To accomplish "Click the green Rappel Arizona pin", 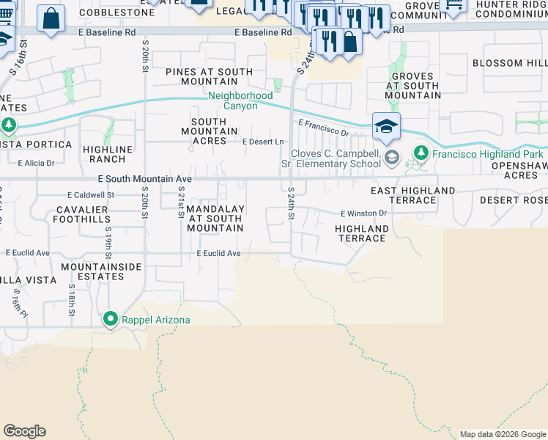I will point(110,319).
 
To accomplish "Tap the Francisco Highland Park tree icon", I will point(421,154).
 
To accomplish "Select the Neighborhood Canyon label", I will point(240,100).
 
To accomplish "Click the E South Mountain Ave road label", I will point(145,178).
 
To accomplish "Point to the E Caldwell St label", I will point(91,195).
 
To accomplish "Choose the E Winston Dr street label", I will point(363,213).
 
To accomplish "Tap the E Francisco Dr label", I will point(323,128).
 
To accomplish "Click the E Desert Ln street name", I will point(262,142).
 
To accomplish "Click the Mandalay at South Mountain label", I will point(215,218).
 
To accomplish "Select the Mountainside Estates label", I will point(100,271).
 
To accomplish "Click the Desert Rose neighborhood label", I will point(513,200).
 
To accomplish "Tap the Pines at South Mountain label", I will point(209,77).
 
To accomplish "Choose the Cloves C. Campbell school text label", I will point(336,159).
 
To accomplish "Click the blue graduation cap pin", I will point(386,126).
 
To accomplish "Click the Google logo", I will point(24,431).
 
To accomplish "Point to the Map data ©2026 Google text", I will point(502,434).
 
